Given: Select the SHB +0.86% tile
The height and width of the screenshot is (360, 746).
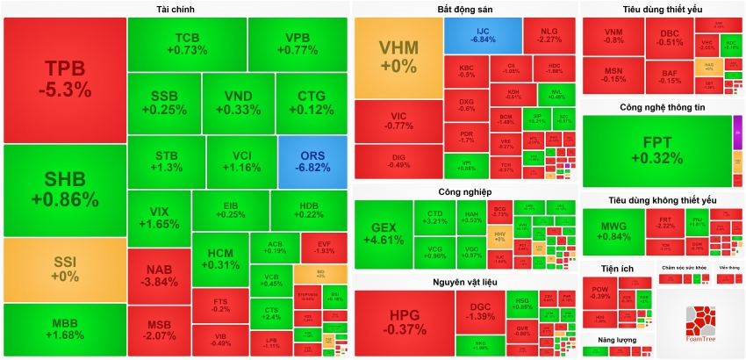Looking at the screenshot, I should [63, 190].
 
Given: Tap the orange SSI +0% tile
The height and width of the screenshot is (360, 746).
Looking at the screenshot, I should [63, 269].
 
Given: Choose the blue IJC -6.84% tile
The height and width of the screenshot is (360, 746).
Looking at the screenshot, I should [483, 35].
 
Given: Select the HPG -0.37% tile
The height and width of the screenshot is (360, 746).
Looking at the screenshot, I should [404, 323].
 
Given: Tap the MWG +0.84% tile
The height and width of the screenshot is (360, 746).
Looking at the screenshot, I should [613, 231].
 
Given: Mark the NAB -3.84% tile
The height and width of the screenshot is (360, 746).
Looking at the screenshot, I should [159, 276].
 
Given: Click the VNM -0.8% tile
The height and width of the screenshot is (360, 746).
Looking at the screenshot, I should [613, 36].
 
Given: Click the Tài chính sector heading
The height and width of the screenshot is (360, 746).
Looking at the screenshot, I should [176, 9].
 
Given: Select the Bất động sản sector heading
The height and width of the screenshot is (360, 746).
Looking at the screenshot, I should [463, 9].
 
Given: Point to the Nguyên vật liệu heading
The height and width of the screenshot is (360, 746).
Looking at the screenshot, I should [463, 281].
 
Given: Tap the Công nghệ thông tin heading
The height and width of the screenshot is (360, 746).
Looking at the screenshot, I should [662, 107].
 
